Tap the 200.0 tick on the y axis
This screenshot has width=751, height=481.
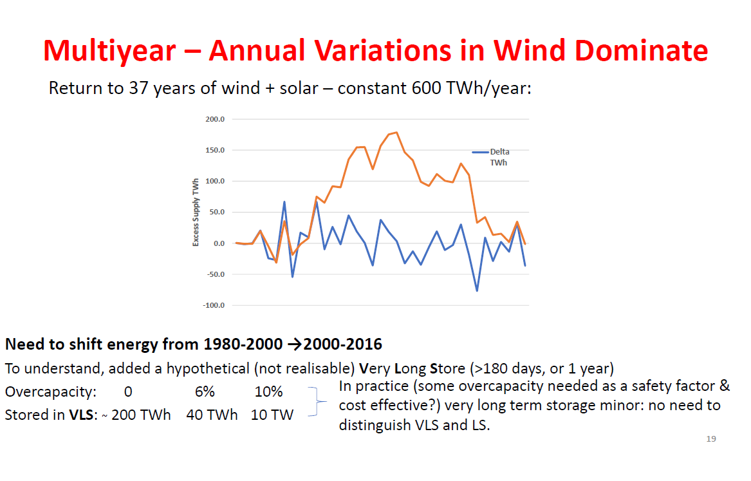(x=214, y=120)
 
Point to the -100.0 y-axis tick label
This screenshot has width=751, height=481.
(x=213, y=305)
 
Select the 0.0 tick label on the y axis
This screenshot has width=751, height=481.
(x=218, y=243)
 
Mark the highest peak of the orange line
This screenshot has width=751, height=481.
(x=396, y=133)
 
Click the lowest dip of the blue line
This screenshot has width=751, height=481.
(x=477, y=290)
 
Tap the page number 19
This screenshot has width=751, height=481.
(x=711, y=439)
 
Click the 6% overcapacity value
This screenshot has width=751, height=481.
(x=205, y=392)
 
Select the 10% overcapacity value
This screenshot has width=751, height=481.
(x=268, y=392)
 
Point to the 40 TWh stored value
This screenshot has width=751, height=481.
(x=212, y=415)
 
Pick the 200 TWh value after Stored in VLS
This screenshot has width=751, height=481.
(x=141, y=415)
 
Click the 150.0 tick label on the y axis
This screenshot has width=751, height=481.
(x=214, y=151)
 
